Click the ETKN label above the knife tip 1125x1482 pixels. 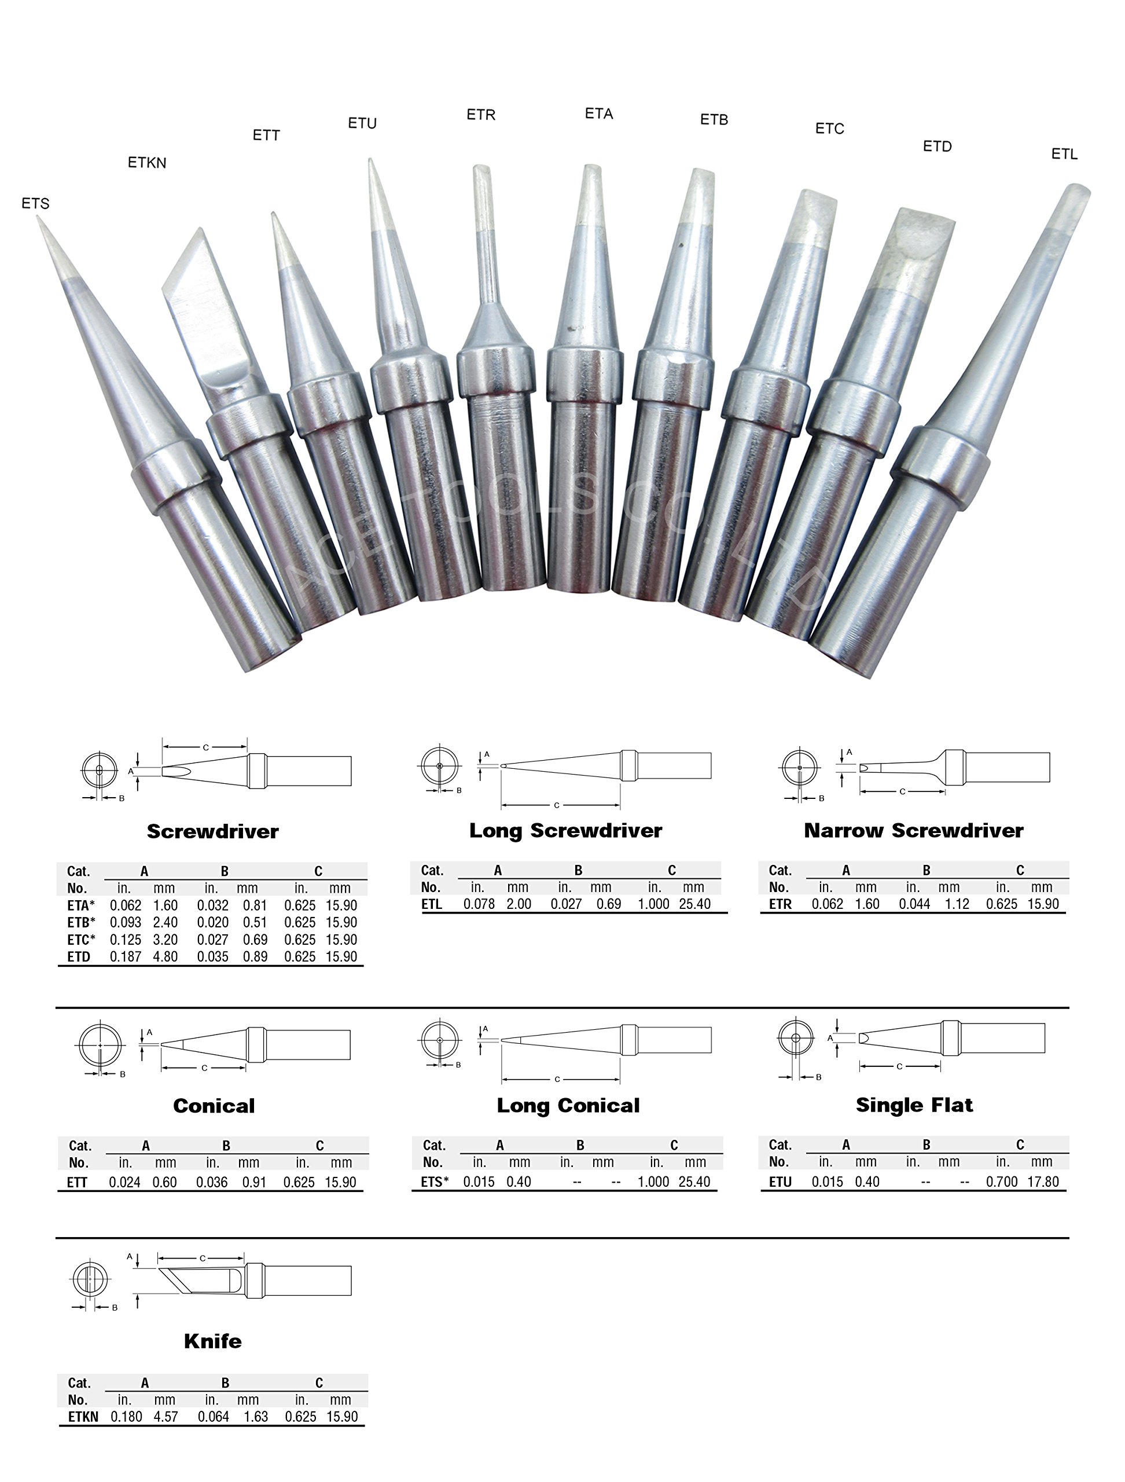146,162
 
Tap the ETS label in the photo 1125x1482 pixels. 35,203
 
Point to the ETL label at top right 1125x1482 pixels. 1064,154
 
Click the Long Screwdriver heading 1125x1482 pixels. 565,831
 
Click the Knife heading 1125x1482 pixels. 212,1341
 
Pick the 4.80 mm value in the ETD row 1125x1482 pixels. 166,957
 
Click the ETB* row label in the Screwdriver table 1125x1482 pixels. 80,923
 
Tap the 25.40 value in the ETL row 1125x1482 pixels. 694,904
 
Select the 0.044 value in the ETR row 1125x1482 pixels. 914,904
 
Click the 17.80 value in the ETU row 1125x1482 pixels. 1042,1182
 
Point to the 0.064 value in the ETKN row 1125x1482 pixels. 213,1417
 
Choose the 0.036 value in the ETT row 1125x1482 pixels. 212,1183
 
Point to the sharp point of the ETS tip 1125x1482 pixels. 40,222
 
